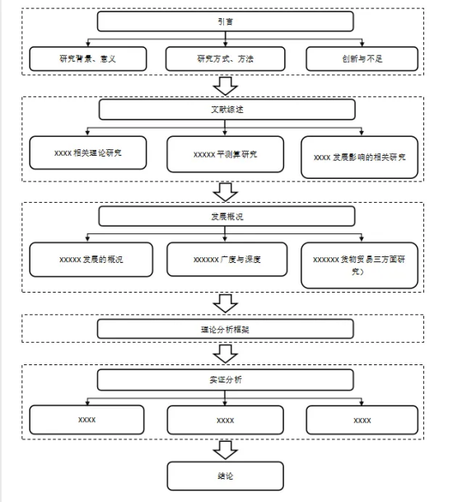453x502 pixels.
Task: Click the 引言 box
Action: click(x=225, y=21)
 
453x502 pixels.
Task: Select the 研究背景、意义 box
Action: click(x=88, y=59)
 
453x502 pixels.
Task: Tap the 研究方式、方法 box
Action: click(x=225, y=59)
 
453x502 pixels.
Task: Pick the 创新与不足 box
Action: click(x=362, y=59)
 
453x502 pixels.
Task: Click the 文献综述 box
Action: click(x=226, y=110)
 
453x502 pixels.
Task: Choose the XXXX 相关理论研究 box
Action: click(x=88, y=152)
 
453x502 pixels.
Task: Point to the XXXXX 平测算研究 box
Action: click(x=225, y=154)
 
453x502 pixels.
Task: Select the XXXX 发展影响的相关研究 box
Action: click(x=360, y=157)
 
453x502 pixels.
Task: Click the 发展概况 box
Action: click(x=226, y=217)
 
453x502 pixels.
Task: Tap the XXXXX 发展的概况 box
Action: click(x=91, y=260)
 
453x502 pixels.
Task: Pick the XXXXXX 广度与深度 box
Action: click(x=227, y=260)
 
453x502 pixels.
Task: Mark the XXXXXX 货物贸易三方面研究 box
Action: click(x=360, y=265)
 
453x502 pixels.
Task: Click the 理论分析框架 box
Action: click(x=225, y=329)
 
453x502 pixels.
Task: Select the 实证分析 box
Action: click(x=225, y=380)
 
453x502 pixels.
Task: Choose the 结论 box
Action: click(x=225, y=476)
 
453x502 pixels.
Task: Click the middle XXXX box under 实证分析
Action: click(x=225, y=420)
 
